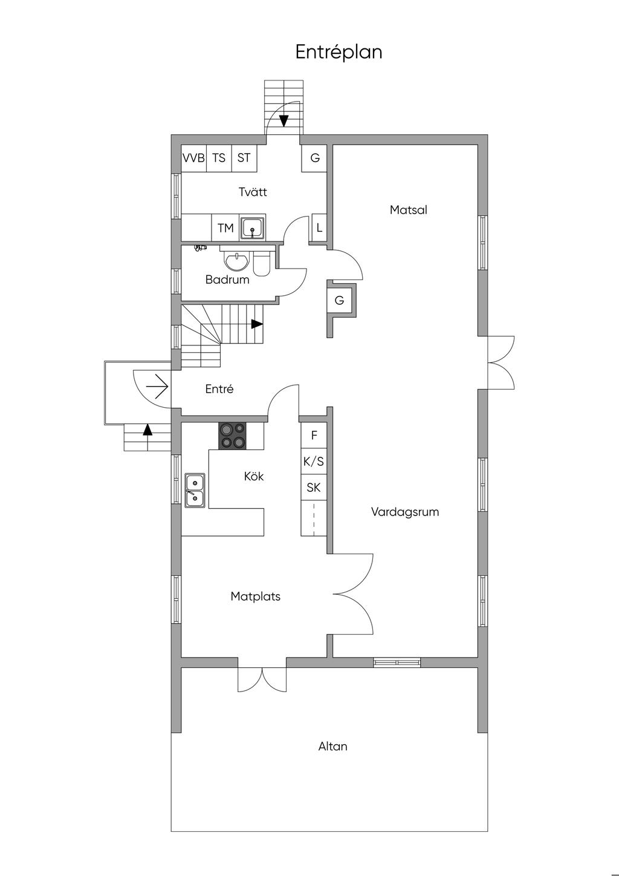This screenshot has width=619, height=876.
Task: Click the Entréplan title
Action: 339,52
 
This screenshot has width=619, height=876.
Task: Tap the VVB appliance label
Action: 193,158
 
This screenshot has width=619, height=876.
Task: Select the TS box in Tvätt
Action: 219,158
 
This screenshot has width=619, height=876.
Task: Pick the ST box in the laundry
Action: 244,158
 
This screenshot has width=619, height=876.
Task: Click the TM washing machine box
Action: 225,227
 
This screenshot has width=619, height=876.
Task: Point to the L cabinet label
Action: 319,227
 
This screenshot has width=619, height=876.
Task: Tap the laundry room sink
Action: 253,227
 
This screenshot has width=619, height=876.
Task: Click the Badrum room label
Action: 227,279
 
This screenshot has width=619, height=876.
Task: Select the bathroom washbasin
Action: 236,261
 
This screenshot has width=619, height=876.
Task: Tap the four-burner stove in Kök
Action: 232,436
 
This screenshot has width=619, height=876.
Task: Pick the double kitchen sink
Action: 195,491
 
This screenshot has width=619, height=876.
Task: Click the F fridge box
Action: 314,435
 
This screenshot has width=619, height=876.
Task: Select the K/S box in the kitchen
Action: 314,462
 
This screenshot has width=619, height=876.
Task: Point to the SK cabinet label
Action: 314,488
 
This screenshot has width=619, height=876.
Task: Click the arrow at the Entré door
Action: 157,387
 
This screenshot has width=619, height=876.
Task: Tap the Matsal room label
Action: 409,210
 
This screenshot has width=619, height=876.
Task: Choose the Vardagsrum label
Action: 405,512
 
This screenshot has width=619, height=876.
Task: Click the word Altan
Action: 332,747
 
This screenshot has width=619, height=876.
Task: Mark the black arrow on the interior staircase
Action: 257,324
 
